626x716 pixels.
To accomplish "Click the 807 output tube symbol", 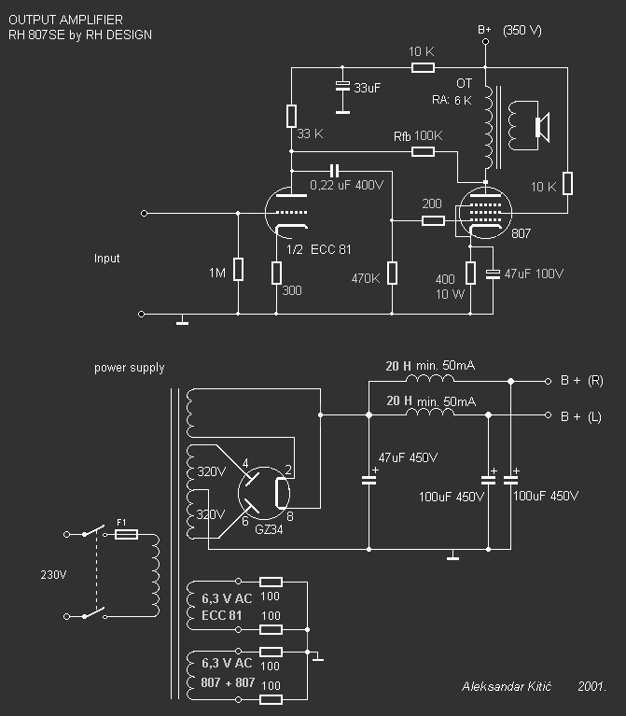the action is tap(485, 213).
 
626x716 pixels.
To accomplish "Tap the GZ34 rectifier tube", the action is tap(264, 493).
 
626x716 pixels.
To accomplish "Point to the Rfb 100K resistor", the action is tap(423, 151).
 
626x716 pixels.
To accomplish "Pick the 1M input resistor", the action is tap(238, 269).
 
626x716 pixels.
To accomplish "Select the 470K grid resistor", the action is tap(392, 273).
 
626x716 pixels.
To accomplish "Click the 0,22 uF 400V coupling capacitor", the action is tap(334, 171).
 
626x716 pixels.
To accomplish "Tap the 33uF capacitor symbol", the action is tap(342, 86).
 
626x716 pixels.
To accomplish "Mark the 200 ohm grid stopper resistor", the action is tap(433, 221).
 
